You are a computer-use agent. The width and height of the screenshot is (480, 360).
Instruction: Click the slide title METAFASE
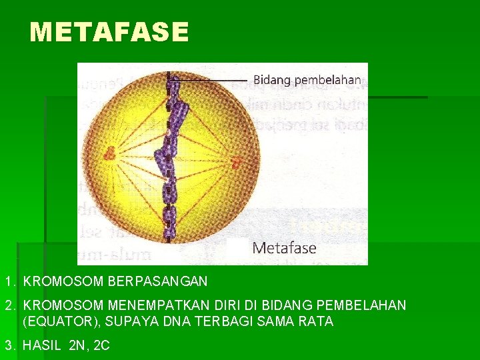tap(109, 32)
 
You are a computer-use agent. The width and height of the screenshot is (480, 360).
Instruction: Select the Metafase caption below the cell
tap(285, 249)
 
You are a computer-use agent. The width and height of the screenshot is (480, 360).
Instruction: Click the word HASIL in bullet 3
tap(43, 345)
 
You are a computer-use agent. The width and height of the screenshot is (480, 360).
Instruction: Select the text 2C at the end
tap(102, 345)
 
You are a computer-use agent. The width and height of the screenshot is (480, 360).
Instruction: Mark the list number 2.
tap(9, 305)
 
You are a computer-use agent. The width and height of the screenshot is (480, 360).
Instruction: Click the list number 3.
tap(9, 345)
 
